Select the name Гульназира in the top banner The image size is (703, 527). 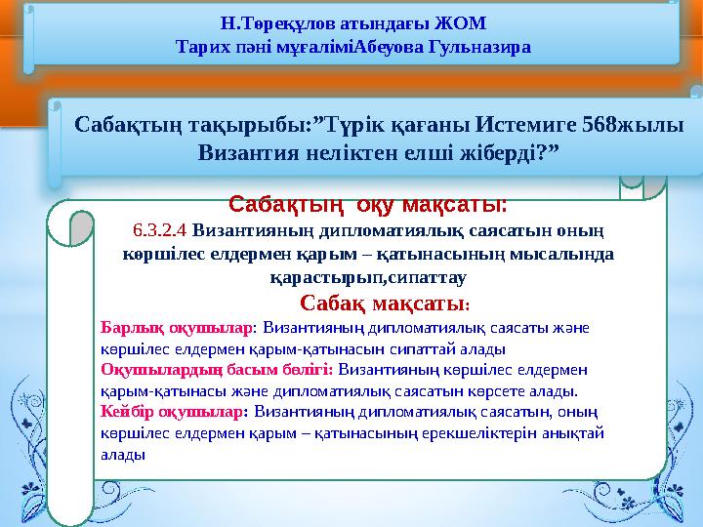click(472, 46)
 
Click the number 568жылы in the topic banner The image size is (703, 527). click(636, 125)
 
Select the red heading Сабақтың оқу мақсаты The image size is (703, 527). click(368, 206)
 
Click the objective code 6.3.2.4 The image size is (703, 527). click(160, 232)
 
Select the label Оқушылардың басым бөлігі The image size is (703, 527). click(217, 370)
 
